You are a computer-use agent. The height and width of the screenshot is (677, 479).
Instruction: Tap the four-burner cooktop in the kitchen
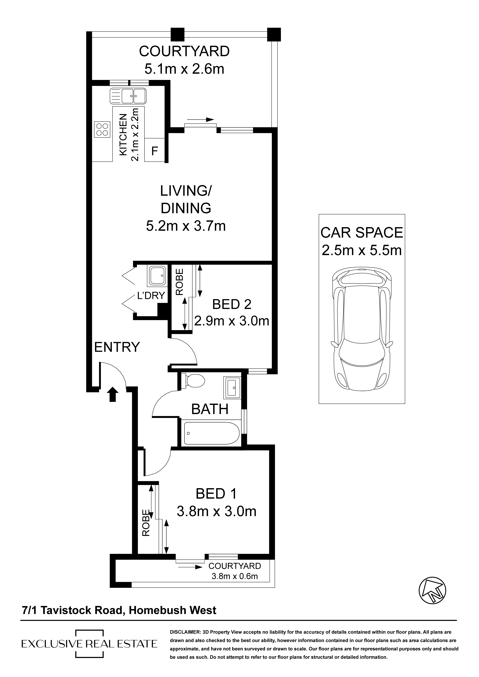pyautogui.click(x=102, y=130)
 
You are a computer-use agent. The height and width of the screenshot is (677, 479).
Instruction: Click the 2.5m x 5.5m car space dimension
pyautogui.click(x=362, y=250)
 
